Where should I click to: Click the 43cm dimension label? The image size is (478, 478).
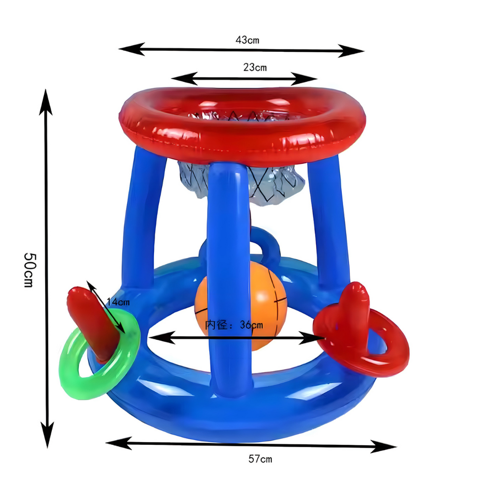tap(247, 40)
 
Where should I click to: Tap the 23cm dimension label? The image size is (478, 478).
tap(255, 67)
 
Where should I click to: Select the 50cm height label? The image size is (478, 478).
tap(30, 270)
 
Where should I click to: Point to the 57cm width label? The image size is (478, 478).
tap(260, 458)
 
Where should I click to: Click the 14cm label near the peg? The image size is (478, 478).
tap(118, 302)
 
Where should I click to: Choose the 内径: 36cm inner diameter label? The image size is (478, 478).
tap(234, 325)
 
